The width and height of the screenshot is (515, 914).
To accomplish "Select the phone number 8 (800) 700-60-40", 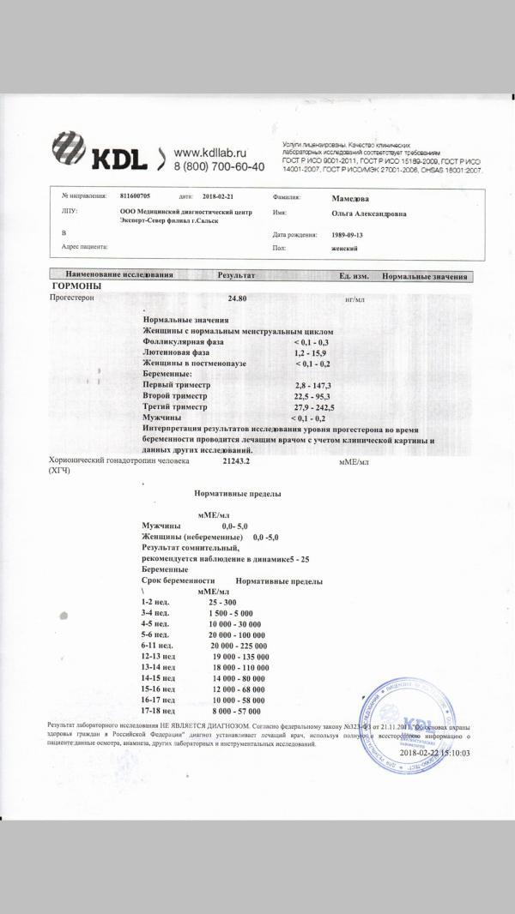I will pyautogui.click(x=219, y=165).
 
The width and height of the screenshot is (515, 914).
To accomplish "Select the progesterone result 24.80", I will pyautogui.click(x=237, y=299).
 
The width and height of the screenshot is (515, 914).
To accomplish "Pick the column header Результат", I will pyautogui.click(x=237, y=275).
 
